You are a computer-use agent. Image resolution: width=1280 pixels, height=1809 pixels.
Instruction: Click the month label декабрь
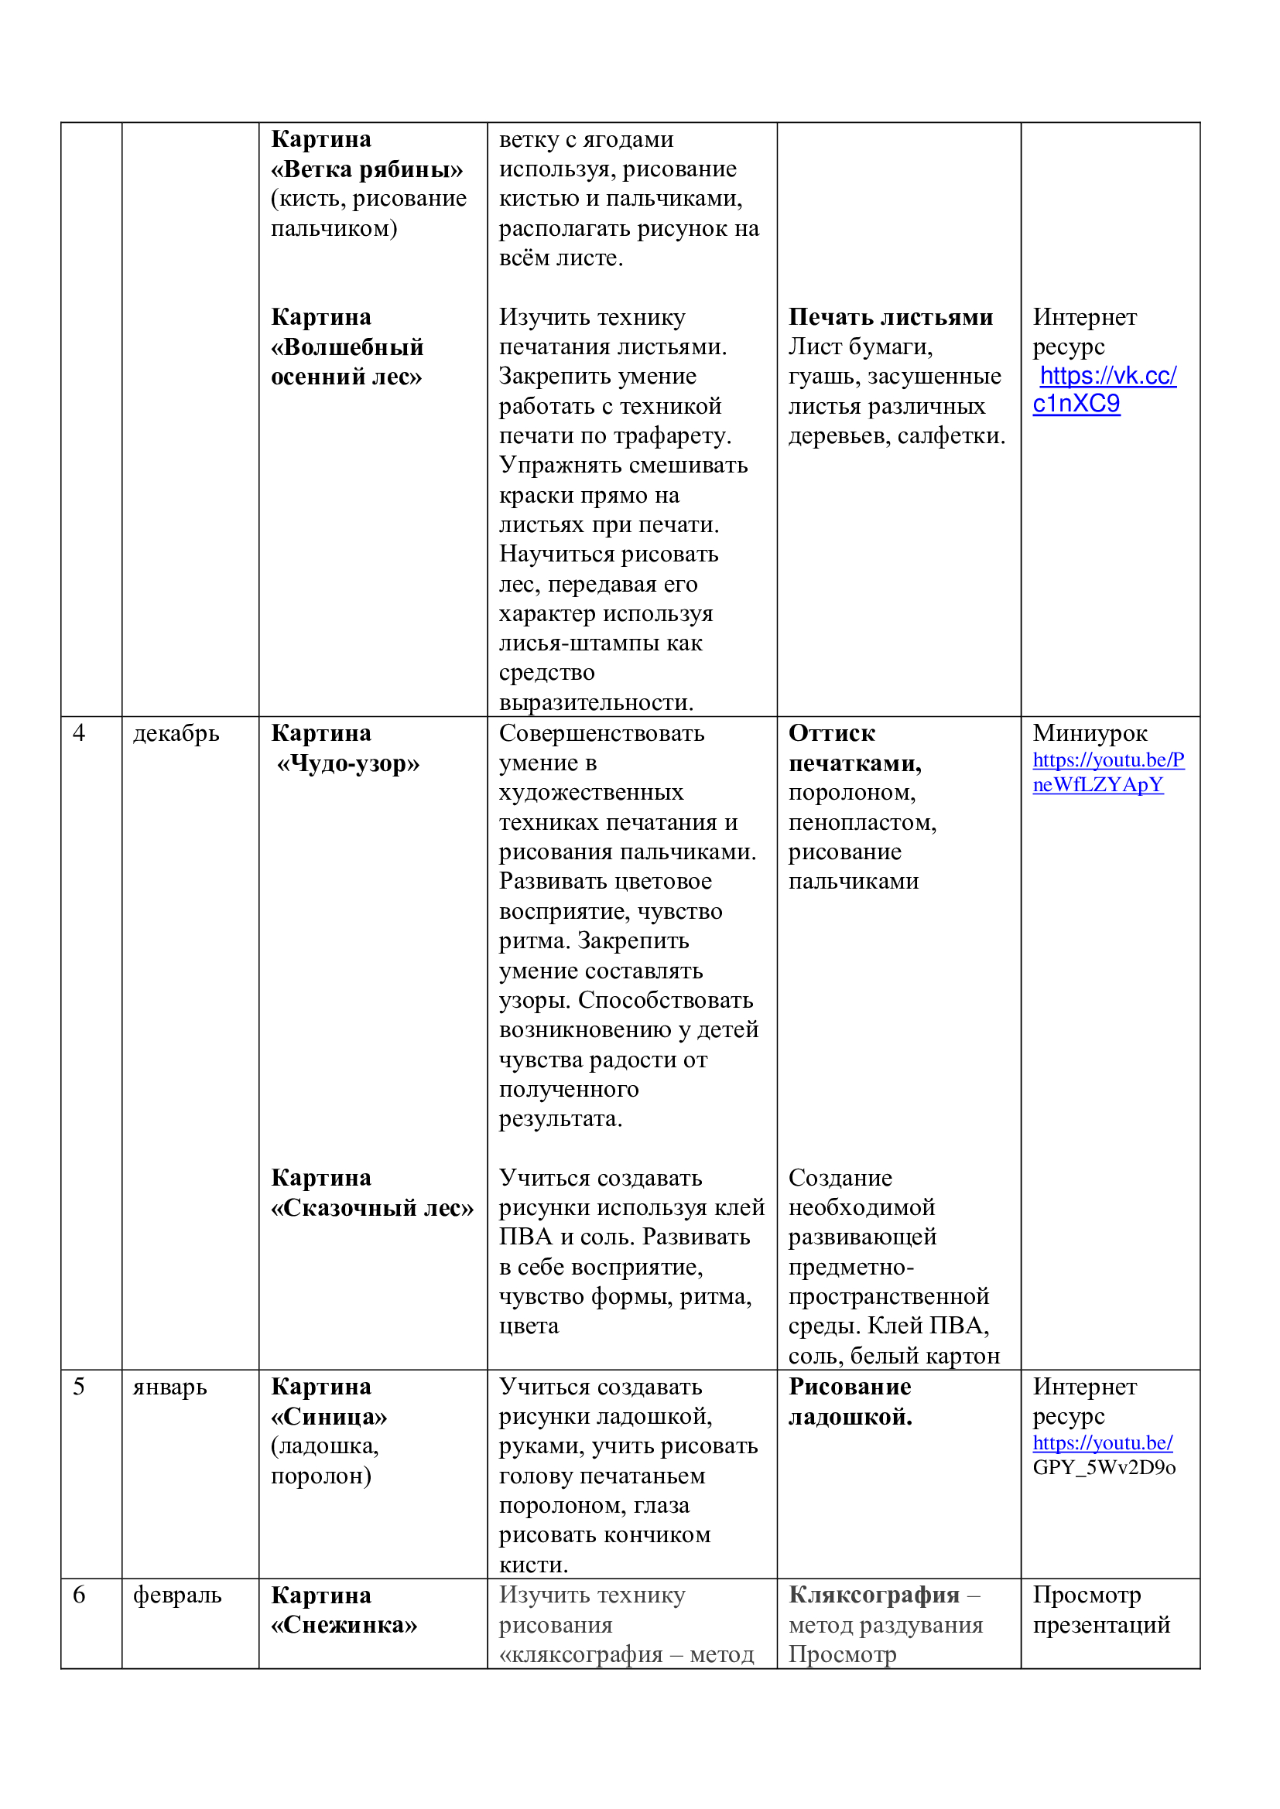(176, 733)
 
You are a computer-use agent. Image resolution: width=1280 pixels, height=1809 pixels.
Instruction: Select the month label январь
(169, 1387)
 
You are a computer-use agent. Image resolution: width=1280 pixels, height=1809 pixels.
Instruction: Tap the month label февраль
(177, 1596)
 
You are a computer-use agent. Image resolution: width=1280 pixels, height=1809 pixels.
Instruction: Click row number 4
(79, 732)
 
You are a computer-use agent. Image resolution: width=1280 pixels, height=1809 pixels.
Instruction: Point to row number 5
(79, 1387)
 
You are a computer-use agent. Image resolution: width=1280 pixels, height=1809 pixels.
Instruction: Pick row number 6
(79, 1596)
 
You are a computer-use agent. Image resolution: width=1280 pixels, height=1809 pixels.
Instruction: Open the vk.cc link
(1106, 389)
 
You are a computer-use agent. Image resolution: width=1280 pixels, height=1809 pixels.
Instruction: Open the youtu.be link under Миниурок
(1107, 772)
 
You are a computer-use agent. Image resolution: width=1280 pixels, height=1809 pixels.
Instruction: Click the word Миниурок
(1090, 733)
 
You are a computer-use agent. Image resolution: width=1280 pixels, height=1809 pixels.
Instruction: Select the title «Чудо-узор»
(347, 763)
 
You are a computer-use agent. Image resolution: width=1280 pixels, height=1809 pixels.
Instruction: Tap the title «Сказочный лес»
(372, 1208)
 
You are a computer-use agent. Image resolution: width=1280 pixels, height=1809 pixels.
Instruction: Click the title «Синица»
(329, 1417)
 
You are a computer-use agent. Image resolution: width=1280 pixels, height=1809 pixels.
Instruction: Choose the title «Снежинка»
(344, 1626)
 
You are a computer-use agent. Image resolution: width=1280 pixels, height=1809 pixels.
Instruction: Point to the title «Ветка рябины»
(367, 169)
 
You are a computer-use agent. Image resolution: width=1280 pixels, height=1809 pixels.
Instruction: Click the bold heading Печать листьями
(891, 317)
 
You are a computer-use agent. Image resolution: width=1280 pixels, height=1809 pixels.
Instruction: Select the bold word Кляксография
(873, 1595)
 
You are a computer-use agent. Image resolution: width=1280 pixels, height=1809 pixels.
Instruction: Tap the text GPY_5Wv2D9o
(1104, 1467)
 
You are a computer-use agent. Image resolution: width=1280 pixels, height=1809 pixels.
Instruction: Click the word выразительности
(596, 702)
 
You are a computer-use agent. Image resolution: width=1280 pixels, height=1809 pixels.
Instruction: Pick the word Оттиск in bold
(831, 733)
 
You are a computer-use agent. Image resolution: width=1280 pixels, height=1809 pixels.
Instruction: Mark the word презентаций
(1101, 1625)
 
